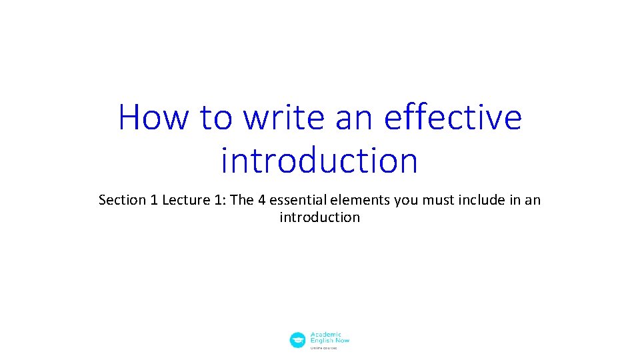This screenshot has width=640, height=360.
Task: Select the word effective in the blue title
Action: pos(453,117)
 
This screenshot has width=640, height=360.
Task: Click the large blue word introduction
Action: pos(319,161)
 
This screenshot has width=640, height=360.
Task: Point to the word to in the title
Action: pos(215,117)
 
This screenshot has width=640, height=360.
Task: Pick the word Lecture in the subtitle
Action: pos(183,200)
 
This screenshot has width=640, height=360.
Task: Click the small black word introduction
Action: pos(319,217)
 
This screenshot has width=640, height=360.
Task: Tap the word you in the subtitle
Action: pos(405,200)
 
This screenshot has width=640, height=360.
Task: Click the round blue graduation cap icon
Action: pos(297,340)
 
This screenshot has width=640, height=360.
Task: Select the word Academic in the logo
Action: pos(326,334)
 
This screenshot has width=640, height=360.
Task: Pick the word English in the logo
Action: pos(321,341)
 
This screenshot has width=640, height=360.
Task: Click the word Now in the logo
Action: pos(341,341)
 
